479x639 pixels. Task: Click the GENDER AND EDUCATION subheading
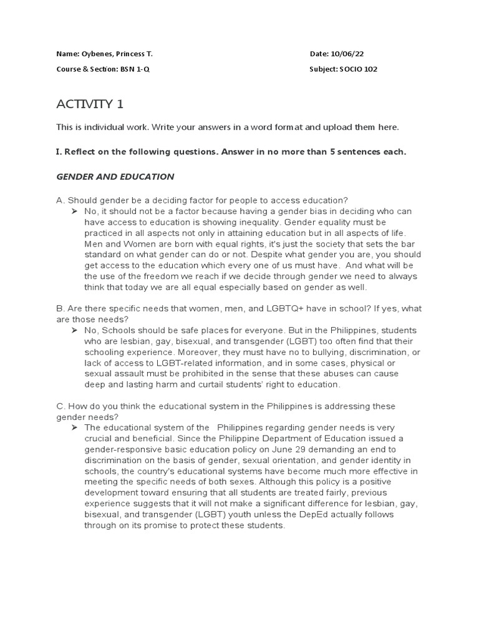coord(115,177)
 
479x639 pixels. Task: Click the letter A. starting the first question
coord(60,200)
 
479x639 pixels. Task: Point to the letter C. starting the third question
coord(60,406)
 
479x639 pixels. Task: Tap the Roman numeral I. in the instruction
coord(59,152)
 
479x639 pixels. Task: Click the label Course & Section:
coord(82,69)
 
